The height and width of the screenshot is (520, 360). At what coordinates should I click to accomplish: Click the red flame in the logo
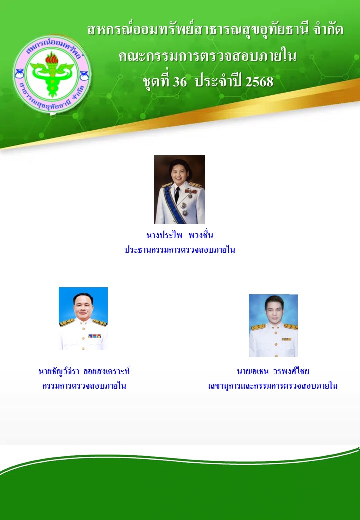[52, 58]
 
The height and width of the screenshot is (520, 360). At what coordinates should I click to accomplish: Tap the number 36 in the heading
[180, 81]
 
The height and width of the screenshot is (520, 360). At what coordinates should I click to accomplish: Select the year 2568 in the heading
[259, 81]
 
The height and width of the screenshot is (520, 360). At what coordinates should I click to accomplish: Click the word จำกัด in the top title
[328, 30]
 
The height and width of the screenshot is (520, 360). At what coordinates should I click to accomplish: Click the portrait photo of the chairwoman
[180, 189]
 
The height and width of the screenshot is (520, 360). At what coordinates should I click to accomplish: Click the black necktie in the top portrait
[177, 195]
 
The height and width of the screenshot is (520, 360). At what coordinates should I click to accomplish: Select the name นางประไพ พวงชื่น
[180, 235]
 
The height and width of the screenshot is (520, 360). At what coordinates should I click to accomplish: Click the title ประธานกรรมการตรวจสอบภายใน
[180, 250]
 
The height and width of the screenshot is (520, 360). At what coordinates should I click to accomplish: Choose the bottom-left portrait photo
[83, 318]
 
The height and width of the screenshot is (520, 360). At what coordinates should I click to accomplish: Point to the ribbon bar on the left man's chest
[95, 336]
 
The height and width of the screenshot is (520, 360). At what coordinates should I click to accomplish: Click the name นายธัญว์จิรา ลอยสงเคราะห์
[84, 371]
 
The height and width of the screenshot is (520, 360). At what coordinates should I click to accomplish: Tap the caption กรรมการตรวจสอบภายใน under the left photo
[84, 386]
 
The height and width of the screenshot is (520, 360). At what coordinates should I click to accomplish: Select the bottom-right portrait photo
[273, 325]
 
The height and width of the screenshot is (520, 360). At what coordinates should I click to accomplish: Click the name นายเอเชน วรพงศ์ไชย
[273, 371]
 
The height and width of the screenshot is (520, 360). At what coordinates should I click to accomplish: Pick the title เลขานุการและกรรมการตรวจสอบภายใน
[273, 386]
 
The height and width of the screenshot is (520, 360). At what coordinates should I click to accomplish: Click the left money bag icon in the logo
[19, 74]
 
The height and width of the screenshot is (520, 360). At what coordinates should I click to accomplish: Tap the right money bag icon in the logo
[84, 76]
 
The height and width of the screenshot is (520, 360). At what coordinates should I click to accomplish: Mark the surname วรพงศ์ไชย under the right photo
[291, 371]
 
